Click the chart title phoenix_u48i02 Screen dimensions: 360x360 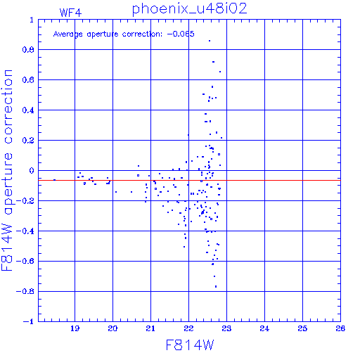click(x=189, y=9)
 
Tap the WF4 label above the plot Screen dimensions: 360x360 click(x=70, y=13)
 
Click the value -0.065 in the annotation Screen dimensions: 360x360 click(x=181, y=34)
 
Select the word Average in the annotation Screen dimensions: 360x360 click(x=68, y=34)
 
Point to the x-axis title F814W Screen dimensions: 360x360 click(x=190, y=345)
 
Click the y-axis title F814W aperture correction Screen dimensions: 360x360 click(x=7, y=170)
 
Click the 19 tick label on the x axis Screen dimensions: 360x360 click(x=75, y=328)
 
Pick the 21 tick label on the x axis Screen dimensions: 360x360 click(x=150, y=328)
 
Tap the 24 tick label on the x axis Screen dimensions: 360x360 click(x=264, y=328)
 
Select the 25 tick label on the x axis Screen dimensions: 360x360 click(x=302, y=328)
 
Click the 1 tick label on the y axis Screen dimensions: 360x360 click(x=32, y=20)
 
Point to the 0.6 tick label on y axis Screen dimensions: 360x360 click(x=28, y=80)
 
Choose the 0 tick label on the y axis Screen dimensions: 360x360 click(x=32, y=171)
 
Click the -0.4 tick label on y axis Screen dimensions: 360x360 click(x=25, y=231)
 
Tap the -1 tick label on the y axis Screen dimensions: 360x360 click(x=29, y=321)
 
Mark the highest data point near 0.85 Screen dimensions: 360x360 click(x=210, y=41)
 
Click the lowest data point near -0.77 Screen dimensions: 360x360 click(x=216, y=286)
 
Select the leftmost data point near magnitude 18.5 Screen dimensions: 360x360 click(x=54, y=180)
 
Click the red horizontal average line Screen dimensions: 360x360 click(x=189, y=181)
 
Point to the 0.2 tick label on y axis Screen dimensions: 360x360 click(x=28, y=141)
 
